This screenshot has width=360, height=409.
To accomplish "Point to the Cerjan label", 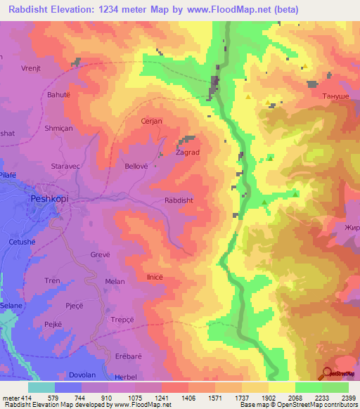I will (x=152, y=121).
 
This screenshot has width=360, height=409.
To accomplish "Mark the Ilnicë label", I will (x=155, y=277).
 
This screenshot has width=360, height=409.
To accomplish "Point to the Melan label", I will (x=115, y=281).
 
